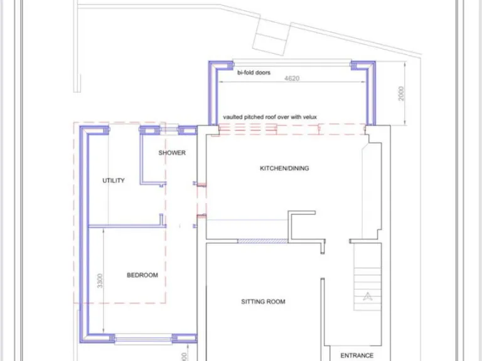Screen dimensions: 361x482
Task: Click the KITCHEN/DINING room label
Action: click(284, 168)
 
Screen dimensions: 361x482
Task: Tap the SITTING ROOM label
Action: click(263, 301)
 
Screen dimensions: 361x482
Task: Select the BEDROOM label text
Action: click(142, 275)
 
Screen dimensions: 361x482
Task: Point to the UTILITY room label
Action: click(114, 180)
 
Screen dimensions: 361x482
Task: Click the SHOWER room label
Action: click(171, 153)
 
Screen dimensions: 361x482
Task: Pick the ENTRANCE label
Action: click(356, 355)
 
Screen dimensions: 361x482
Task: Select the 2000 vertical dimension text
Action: click(402, 93)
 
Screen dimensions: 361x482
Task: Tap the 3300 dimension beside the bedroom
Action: click(100, 281)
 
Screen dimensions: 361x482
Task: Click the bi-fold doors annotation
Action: click(254, 73)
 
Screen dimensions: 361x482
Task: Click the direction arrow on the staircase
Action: click(368, 296)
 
